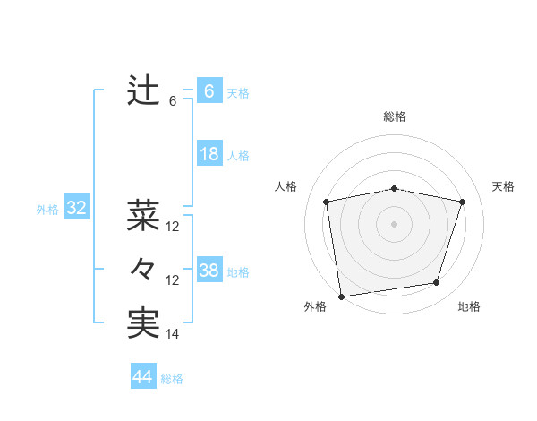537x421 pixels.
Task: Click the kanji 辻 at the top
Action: click(143, 90)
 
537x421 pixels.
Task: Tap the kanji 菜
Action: click(143, 215)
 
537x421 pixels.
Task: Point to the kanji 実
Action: click(143, 322)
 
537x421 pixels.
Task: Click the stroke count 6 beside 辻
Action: click(173, 101)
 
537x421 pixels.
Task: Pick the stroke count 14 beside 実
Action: click(173, 334)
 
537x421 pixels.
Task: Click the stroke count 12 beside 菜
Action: click(173, 227)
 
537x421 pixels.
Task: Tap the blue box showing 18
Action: click(209, 154)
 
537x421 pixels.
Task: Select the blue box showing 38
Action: click(209, 271)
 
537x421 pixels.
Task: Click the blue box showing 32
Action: click(77, 209)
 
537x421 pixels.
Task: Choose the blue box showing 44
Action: click(142, 377)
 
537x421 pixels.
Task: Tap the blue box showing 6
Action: click(209, 91)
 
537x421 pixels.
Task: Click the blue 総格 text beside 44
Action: click(172, 379)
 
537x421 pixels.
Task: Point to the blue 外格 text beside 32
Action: click(47, 210)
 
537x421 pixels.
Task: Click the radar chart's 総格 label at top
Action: click(395, 117)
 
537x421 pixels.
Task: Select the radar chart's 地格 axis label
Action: click(469, 307)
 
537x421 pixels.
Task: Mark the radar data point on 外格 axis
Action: click(341, 296)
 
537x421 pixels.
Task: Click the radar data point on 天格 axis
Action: click(463, 202)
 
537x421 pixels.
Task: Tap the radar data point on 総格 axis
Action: click(395, 188)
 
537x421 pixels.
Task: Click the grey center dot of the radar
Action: click(395, 223)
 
